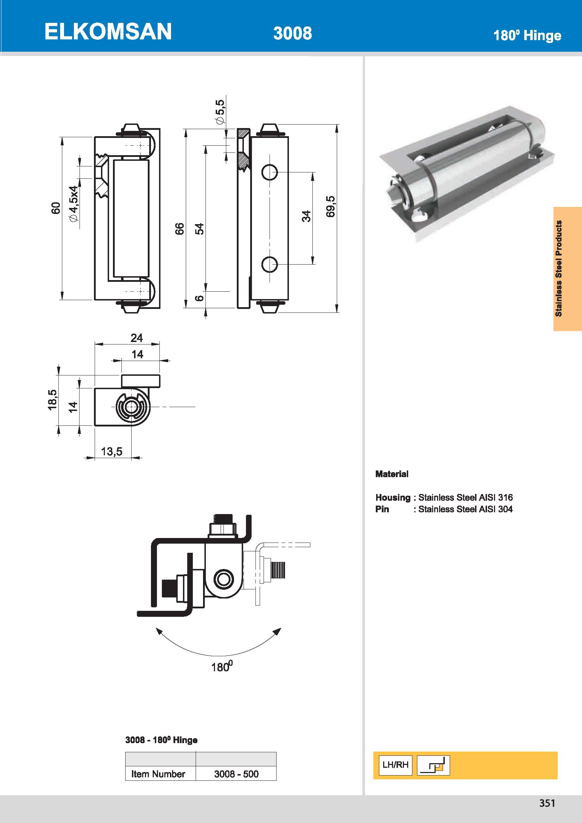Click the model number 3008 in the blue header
click(292, 33)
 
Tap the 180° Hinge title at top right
click(527, 36)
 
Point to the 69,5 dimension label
click(330, 207)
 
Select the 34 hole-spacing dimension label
click(306, 216)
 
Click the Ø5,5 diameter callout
click(220, 112)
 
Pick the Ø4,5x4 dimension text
click(73, 204)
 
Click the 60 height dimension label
click(56, 208)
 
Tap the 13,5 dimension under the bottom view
click(112, 451)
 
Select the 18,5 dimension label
click(52, 400)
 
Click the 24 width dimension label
click(137, 338)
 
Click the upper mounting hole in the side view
click(270, 172)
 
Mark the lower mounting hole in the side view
click(270, 265)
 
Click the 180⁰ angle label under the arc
click(222, 667)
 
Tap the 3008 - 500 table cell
click(236, 774)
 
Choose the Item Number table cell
click(158, 774)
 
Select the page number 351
click(547, 803)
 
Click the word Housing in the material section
click(393, 498)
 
